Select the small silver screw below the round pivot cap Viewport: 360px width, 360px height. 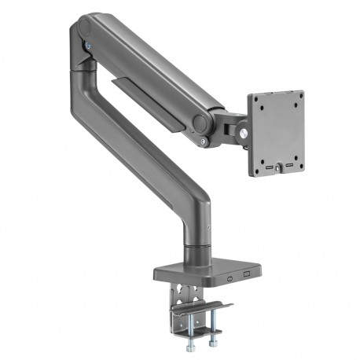(x=204, y=141)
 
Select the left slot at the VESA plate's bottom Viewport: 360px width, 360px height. (x=270, y=167)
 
